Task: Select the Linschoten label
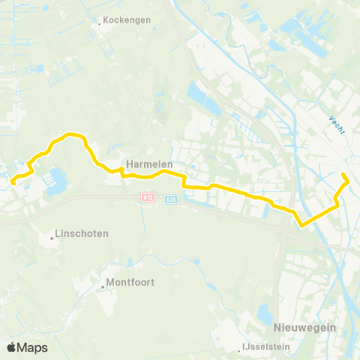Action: point(82,233)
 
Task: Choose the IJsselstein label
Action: point(268,348)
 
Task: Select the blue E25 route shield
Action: point(171,199)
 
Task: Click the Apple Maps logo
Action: point(27,347)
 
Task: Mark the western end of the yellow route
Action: point(12,179)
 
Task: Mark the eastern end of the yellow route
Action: point(343,175)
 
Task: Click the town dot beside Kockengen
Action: point(99,23)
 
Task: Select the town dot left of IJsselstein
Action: point(243,348)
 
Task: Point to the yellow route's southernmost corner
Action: point(301,224)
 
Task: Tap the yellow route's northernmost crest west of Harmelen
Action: point(73,133)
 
